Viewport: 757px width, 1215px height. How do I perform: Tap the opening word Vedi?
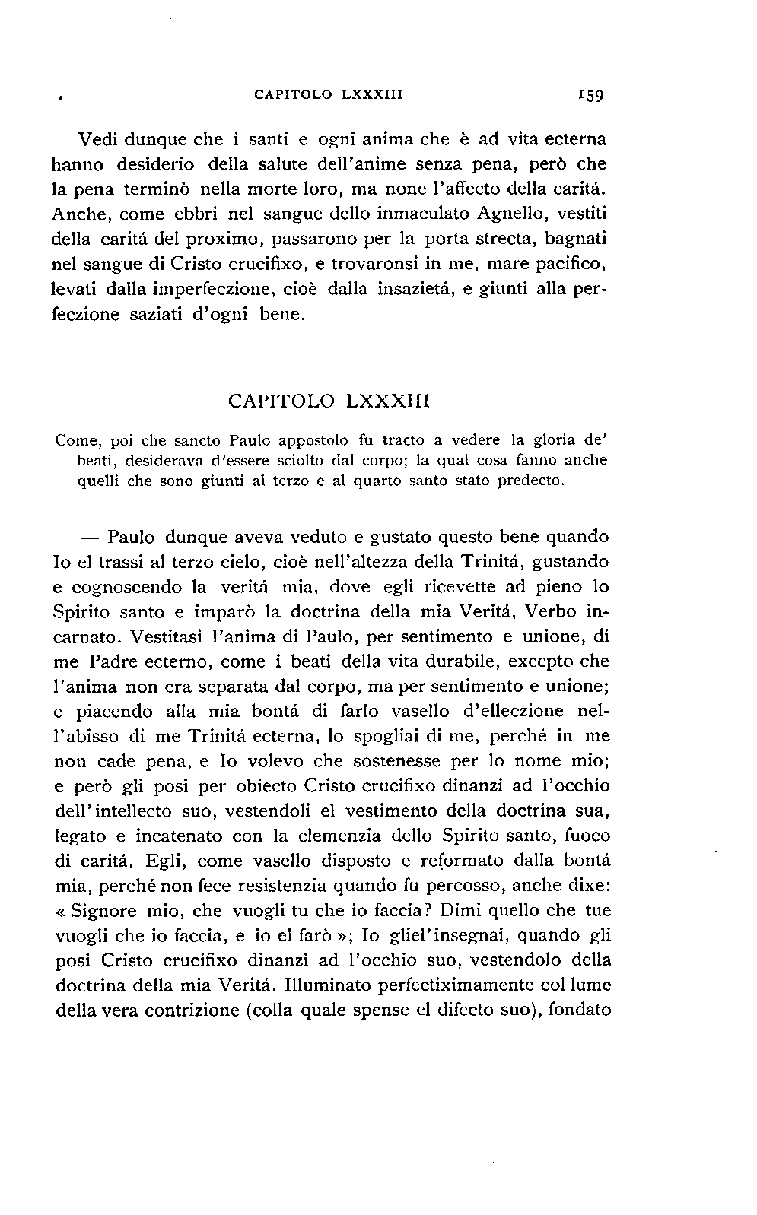(x=98, y=140)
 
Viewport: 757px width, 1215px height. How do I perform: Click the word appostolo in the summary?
(x=313, y=439)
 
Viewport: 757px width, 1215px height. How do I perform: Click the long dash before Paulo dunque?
(x=90, y=537)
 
